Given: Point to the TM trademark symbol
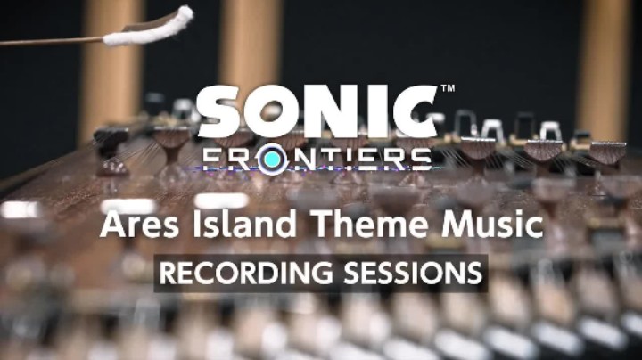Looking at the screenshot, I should [x=448, y=89].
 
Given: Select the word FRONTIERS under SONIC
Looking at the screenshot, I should [x=317, y=159].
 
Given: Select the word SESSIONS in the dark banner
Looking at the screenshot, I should [x=407, y=274].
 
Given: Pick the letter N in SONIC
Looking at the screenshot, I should [x=329, y=113].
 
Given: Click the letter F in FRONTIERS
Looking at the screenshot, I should [x=210, y=159].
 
